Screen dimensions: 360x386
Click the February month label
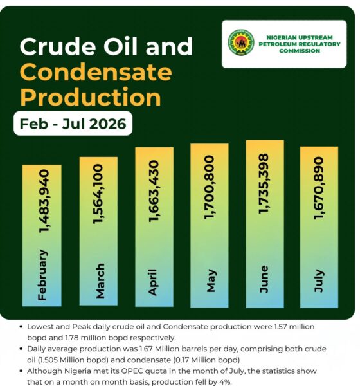(x=42, y=275)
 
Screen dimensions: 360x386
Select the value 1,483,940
(x=44, y=201)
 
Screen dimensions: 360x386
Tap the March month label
(x=100, y=281)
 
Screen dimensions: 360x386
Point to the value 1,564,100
(x=98, y=194)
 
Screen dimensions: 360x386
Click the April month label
(x=153, y=282)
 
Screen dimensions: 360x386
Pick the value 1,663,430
(x=154, y=191)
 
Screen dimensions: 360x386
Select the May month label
(x=211, y=281)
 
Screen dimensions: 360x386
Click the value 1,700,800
(x=210, y=187)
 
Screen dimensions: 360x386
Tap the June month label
(x=264, y=279)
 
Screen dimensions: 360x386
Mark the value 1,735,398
(x=264, y=183)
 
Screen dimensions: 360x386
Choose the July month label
(x=318, y=281)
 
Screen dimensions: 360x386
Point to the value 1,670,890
(x=318, y=188)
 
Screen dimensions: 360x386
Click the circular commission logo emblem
(x=240, y=42)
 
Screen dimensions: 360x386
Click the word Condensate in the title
(x=96, y=71)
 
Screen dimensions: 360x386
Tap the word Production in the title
(x=90, y=96)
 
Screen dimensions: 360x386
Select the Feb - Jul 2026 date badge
(x=73, y=124)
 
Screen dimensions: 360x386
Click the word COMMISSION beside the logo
(x=300, y=51)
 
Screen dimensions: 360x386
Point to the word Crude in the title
(x=58, y=46)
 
